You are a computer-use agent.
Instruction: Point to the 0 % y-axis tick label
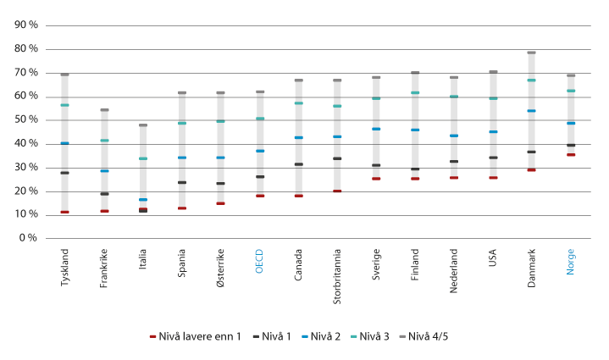(x=28, y=238)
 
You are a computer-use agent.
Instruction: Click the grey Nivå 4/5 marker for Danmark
(x=532, y=53)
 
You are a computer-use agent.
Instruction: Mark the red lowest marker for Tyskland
(x=65, y=212)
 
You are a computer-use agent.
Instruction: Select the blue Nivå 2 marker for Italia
(x=143, y=200)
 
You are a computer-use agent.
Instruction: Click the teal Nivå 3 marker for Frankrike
(x=104, y=141)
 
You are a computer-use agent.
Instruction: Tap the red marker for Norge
(x=571, y=155)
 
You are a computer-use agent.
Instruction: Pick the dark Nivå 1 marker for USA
(x=493, y=158)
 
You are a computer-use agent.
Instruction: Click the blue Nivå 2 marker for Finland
(x=415, y=130)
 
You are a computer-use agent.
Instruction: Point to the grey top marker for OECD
(x=260, y=91)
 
